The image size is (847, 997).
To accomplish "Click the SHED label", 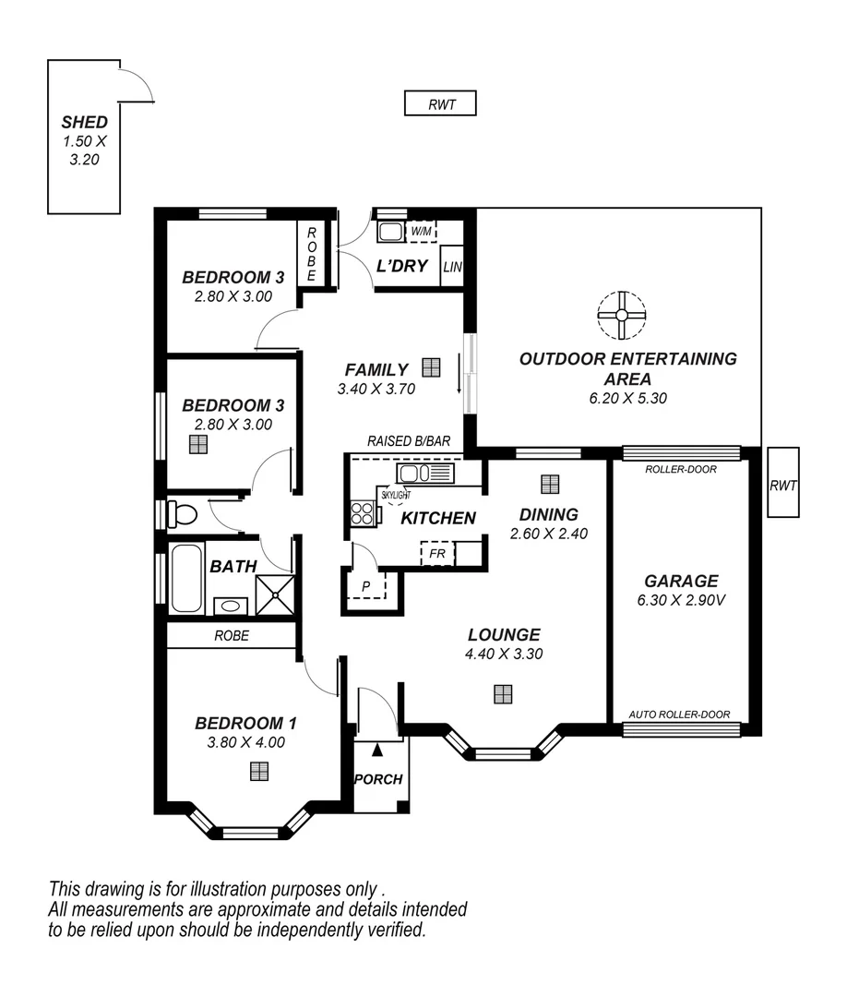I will pyautogui.click(x=84, y=122).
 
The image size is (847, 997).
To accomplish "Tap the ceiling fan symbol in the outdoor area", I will pyautogui.click(x=621, y=315).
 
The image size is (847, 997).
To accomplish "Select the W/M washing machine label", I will pyautogui.click(x=421, y=231).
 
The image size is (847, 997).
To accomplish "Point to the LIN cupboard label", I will pyautogui.click(x=452, y=267).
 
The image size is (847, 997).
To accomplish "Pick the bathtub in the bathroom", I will pyautogui.click(x=186, y=579).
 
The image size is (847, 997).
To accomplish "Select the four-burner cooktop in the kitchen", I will pyautogui.click(x=363, y=513).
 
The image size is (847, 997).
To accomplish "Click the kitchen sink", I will pyautogui.click(x=425, y=474).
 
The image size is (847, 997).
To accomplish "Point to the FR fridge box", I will pyautogui.click(x=437, y=555).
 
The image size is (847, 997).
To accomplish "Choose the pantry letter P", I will pyautogui.click(x=365, y=585).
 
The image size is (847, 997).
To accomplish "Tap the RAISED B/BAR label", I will pyautogui.click(x=409, y=441).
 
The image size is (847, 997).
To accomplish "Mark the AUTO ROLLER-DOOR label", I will pyautogui.click(x=679, y=715).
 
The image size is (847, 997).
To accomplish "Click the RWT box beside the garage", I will pyautogui.click(x=782, y=482).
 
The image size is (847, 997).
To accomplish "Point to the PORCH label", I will pyautogui.click(x=378, y=779).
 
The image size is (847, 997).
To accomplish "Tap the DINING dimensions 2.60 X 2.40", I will pyautogui.click(x=549, y=533).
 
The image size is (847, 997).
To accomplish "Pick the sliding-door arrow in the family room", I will pyautogui.click(x=459, y=381).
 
